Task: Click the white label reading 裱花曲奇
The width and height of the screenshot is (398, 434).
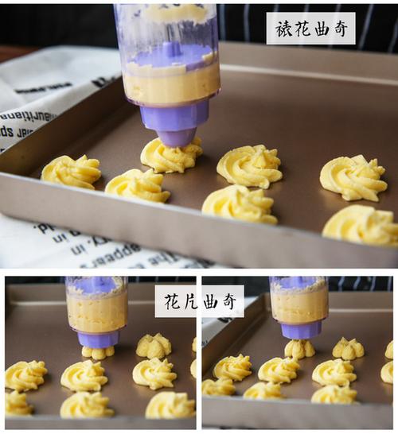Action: (x=310, y=28)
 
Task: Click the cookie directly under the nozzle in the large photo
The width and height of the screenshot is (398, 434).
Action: (x=170, y=157)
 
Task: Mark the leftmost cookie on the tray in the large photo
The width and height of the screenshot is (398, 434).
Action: (x=71, y=171)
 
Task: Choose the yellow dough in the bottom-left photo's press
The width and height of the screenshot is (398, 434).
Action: (x=96, y=311)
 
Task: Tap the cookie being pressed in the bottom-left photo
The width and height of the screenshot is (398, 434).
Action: (x=98, y=351)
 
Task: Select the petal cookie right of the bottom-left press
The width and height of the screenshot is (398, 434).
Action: (x=153, y=346)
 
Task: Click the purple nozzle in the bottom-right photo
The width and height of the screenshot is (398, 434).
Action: (x=301, y=329)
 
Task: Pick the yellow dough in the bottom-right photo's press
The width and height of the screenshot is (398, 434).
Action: (x=299, y=305)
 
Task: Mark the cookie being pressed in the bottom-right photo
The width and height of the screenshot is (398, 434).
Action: (x=299, y=348)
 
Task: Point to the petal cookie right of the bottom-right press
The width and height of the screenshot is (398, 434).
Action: (x=348, y=348)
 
